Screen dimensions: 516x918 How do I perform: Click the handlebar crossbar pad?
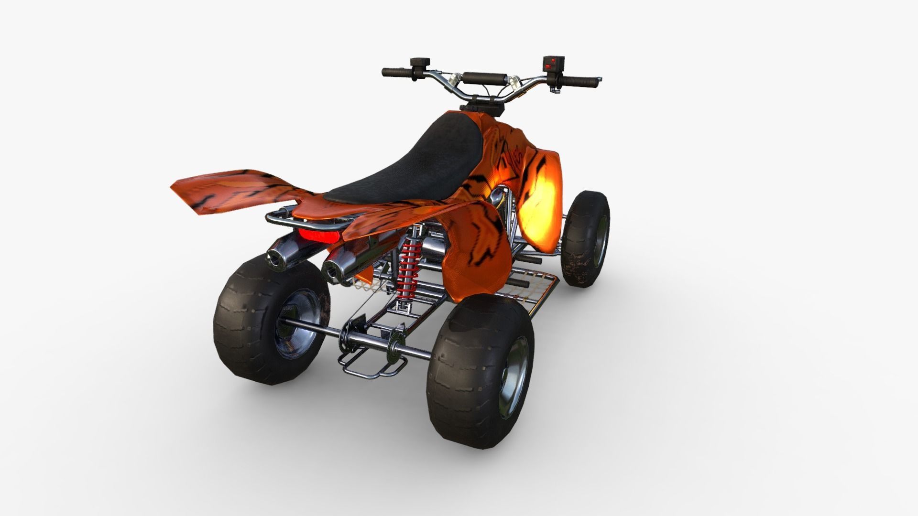[484, 77]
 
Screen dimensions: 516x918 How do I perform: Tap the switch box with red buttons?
[553, 64]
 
